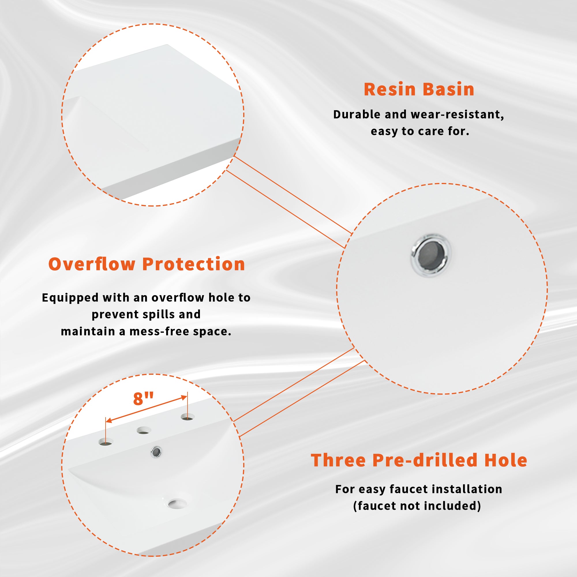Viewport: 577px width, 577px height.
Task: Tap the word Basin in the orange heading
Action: coord(448,89)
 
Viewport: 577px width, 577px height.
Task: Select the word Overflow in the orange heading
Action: coord(92,264)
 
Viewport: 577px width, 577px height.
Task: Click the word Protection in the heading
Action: coord(194,264)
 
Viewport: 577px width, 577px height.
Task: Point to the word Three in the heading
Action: coord(338,460)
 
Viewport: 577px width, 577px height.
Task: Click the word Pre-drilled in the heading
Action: coord(425,460)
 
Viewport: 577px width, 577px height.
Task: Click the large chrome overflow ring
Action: coord(430,255)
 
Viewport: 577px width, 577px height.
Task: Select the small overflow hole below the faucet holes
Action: coord(156,452)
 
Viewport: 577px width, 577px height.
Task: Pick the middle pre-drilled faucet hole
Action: coord(144,430)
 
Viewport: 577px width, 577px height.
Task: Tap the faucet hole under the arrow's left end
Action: coord(106,442)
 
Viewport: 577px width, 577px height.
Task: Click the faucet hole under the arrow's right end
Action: coord(188,417)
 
